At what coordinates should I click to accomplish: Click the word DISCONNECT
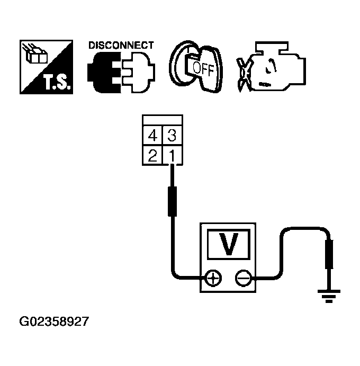point(121,46)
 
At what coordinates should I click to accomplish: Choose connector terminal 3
point(173,136)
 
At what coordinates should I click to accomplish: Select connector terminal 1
point(173,155)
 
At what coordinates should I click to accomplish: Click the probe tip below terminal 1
point(172,200)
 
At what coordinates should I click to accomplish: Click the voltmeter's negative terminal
point(243,278)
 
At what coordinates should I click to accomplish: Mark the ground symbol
point(329,296)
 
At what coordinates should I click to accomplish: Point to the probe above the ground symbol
point(329,254)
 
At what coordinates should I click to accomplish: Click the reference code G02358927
point(54,322)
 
